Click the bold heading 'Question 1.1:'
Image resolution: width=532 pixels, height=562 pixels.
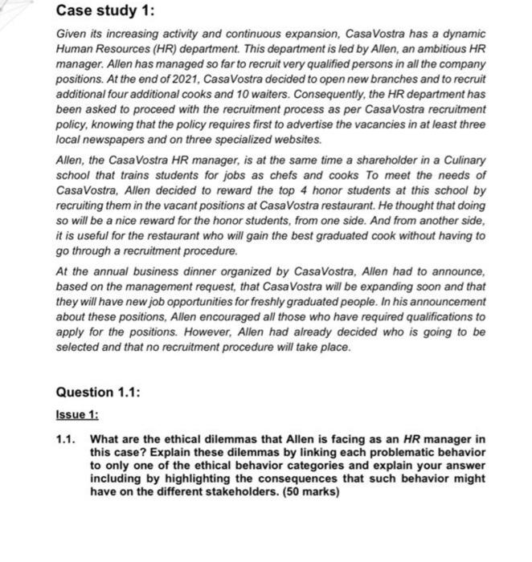[99, 392]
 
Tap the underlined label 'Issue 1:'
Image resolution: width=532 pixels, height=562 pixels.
[77, 415]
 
